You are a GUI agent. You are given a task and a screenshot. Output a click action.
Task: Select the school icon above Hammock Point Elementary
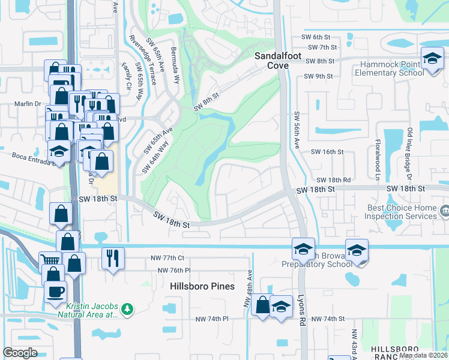click(431, 59)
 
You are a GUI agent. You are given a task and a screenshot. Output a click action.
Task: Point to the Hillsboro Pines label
click(202, 286)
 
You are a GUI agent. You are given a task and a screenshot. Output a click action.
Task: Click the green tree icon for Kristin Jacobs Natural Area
click(126, 309)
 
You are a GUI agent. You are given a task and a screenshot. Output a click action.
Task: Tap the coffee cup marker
click(55, 292)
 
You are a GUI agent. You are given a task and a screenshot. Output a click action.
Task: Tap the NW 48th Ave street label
click(246, 289)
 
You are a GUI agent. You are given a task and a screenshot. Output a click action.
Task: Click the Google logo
click(20, 353)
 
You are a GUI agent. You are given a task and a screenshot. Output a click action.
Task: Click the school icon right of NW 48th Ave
click(280, 306)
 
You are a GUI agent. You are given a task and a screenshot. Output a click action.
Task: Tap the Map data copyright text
click(423, 355)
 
